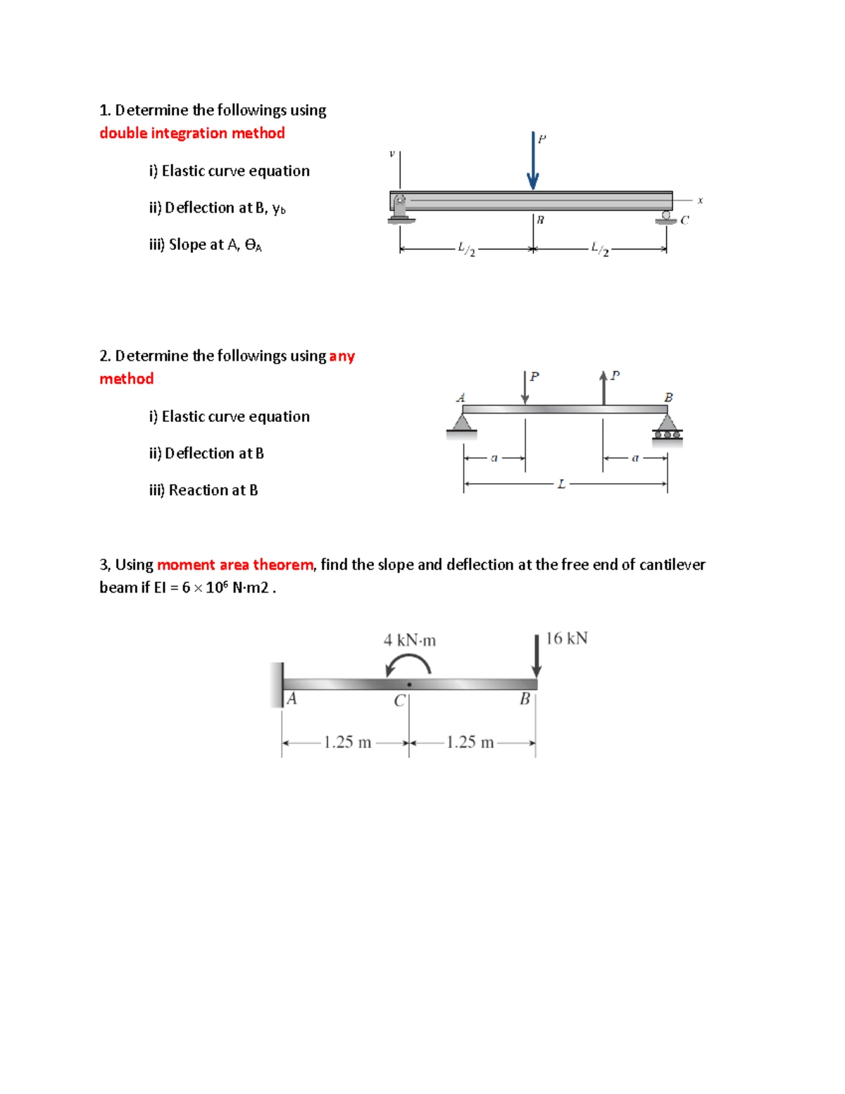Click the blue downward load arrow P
point(532,161)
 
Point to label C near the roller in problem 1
point(684,220)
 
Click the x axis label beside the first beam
point(700,200)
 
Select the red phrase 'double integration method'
point(192,133)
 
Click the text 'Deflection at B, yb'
point(218,207)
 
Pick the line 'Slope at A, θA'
point(206,244)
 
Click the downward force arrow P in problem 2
point(525,387)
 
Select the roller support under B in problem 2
point(668,430)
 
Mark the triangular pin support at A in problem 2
point(462,426)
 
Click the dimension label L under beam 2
point(562,485)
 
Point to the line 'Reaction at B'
point(204,490)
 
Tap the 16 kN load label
point(567,638)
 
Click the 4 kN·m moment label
point(410,640)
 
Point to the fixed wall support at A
point(277,685)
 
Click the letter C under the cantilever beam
point(399,700)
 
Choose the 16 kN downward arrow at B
point(537,656)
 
